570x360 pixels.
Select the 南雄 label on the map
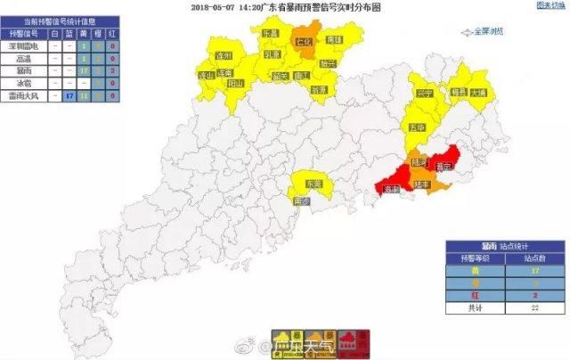pos(335,40)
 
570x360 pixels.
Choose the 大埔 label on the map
pos(479,92)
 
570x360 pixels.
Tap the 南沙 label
pos(302,202)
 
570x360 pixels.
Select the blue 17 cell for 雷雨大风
pos(69,94)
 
